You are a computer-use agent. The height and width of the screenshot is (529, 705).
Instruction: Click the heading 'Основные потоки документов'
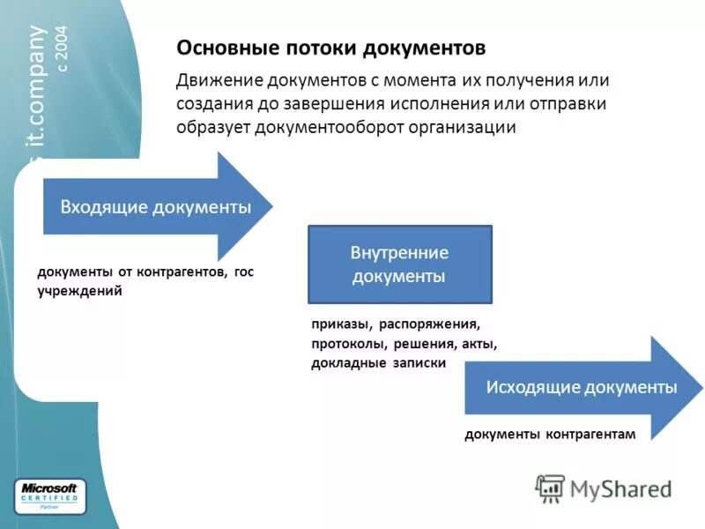330,47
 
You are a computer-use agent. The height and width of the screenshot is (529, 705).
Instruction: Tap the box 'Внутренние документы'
399,264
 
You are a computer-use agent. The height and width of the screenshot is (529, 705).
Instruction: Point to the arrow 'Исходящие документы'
582,387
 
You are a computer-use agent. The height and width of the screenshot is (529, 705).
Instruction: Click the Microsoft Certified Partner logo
50,496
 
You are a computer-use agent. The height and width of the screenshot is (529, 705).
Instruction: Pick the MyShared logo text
620,488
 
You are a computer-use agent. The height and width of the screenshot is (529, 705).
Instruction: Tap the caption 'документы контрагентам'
549,433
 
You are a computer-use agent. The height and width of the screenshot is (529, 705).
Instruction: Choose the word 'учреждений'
79,290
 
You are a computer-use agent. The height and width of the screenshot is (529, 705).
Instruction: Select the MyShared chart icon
551,488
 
